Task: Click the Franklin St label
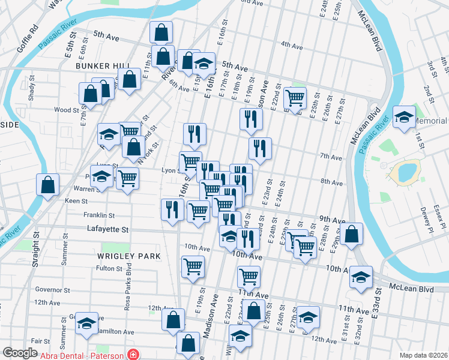click(99, 215)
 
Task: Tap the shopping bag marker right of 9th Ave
click(353, 233)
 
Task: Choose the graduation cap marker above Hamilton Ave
click(87, 323)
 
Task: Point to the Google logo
click(20, 353)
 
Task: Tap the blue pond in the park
click(403, 172)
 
